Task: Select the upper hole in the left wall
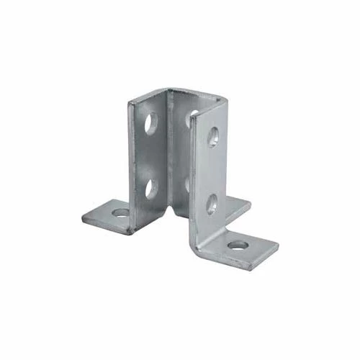152,124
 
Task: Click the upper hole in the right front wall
213,136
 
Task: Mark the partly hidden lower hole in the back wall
188,183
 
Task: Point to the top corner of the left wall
130,103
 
